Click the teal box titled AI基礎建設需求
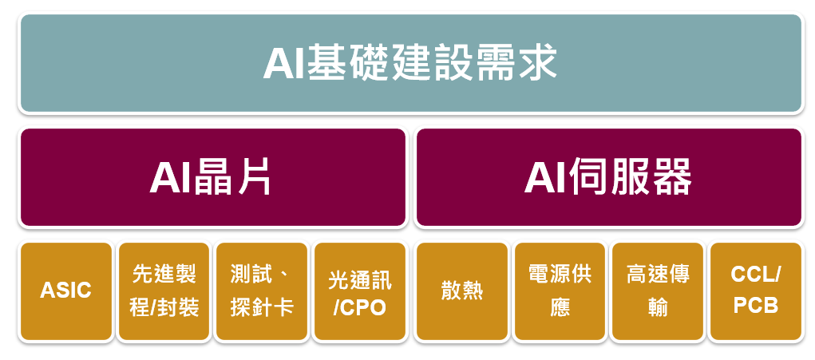pyautogui.click(x=411, y=63)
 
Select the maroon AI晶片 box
pyautogui.click(x=213, y=177)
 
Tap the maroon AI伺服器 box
pyautogui.click(x=609, y=177)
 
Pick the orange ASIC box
pyautogui.click(x=66, y=291)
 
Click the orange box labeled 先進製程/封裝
pyautogui.click(x=164, y=291)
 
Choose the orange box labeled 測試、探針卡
pyautogui.click(x=262, y=291)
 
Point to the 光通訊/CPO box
pyautogui.click(x=360, y=291)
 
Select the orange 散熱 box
pyautogui.click(x=462, y=291)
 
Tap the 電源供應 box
pyautogui.click(x=560, y=291)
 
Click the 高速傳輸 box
pyautogui.click(x=658, y=291)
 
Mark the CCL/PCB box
pyautogui.click(x=756, y=291)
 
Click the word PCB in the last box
pyautogui.click(x=756, y=307)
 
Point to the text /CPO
pyautogui.click(x=360, y=308)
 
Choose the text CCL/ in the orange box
pyautogui.click(x=756, y=275)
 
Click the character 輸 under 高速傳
pyautogui.click(x=658, y=308)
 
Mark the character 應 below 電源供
pyautogui.click(x=560, y=308)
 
